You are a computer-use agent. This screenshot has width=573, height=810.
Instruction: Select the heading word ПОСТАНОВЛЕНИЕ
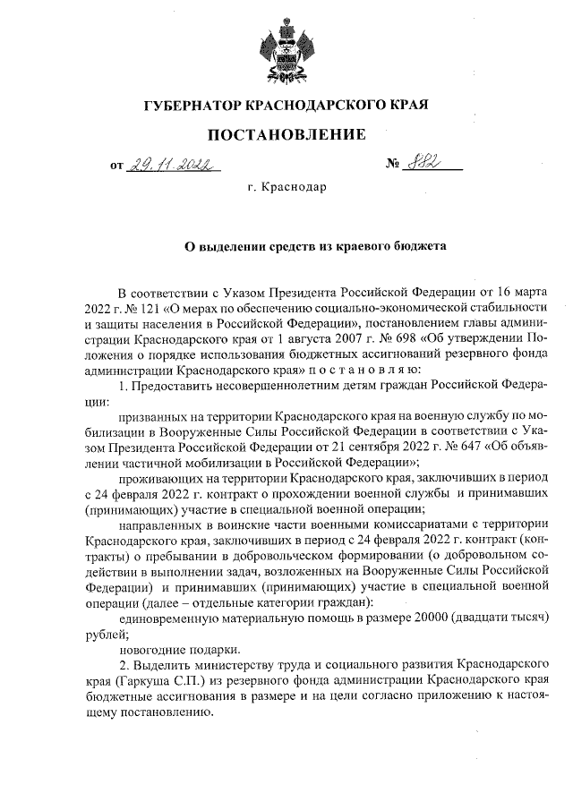(286, 135)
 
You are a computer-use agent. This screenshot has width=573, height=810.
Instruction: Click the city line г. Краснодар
(286, 189)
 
